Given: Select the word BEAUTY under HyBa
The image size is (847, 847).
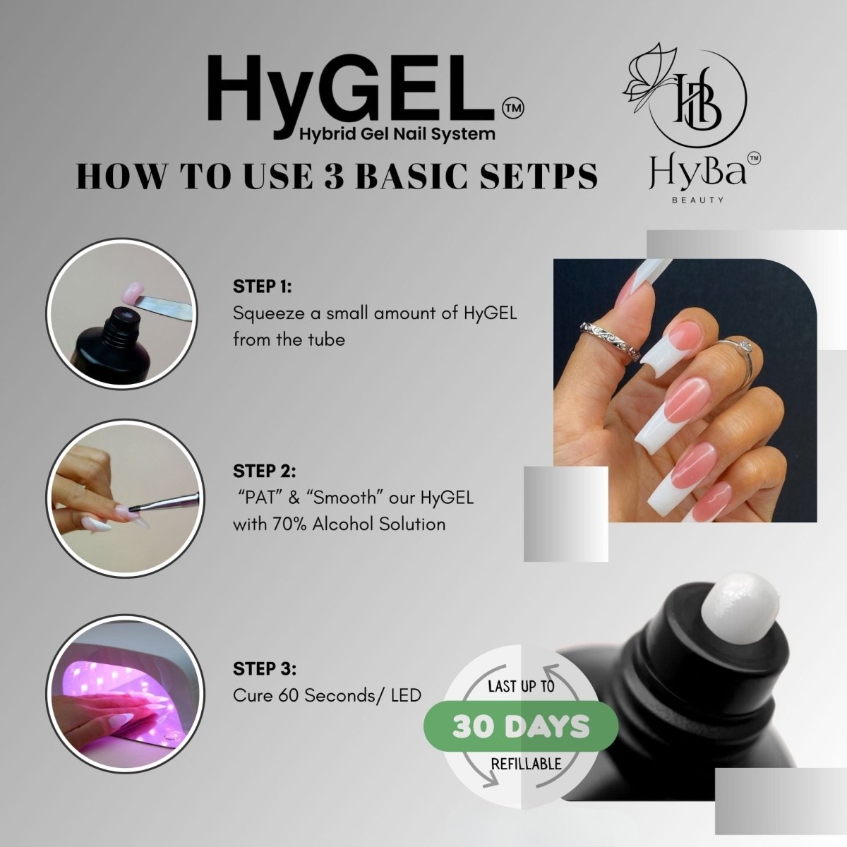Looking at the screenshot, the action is tap(697, 200).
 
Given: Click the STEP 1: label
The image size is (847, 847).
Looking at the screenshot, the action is tap(263, 287).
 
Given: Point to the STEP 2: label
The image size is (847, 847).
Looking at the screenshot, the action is tap(265, 471).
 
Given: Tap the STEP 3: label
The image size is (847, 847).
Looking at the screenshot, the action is tap(265, 669).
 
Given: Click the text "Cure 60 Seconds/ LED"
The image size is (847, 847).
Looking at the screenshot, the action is tap(327, 695).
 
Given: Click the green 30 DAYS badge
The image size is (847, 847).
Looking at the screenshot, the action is tap(521, 726).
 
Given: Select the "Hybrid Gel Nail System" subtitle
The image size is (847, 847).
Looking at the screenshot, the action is tap(397, 133).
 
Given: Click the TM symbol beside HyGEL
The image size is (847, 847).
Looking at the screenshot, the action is tap(512, 108).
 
